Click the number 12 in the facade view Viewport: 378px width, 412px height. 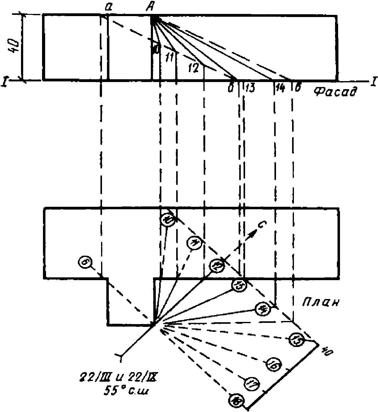coord(193,68)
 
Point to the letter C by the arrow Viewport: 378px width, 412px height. coord(261,226)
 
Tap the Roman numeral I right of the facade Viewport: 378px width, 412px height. coord(374,81)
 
